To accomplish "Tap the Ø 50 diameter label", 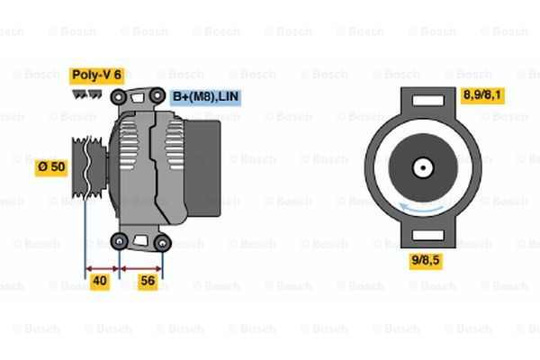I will (x=51, y=166).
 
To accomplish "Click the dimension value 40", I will (x=101, y=282).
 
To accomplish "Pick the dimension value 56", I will (x=148, y=282).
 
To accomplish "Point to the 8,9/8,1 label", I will (x=482, y=94).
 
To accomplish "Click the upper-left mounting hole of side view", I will (x=120, y=94).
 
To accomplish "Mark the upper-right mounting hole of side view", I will (x=157, y=94).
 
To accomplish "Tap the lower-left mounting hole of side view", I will (x=120, y=241).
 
